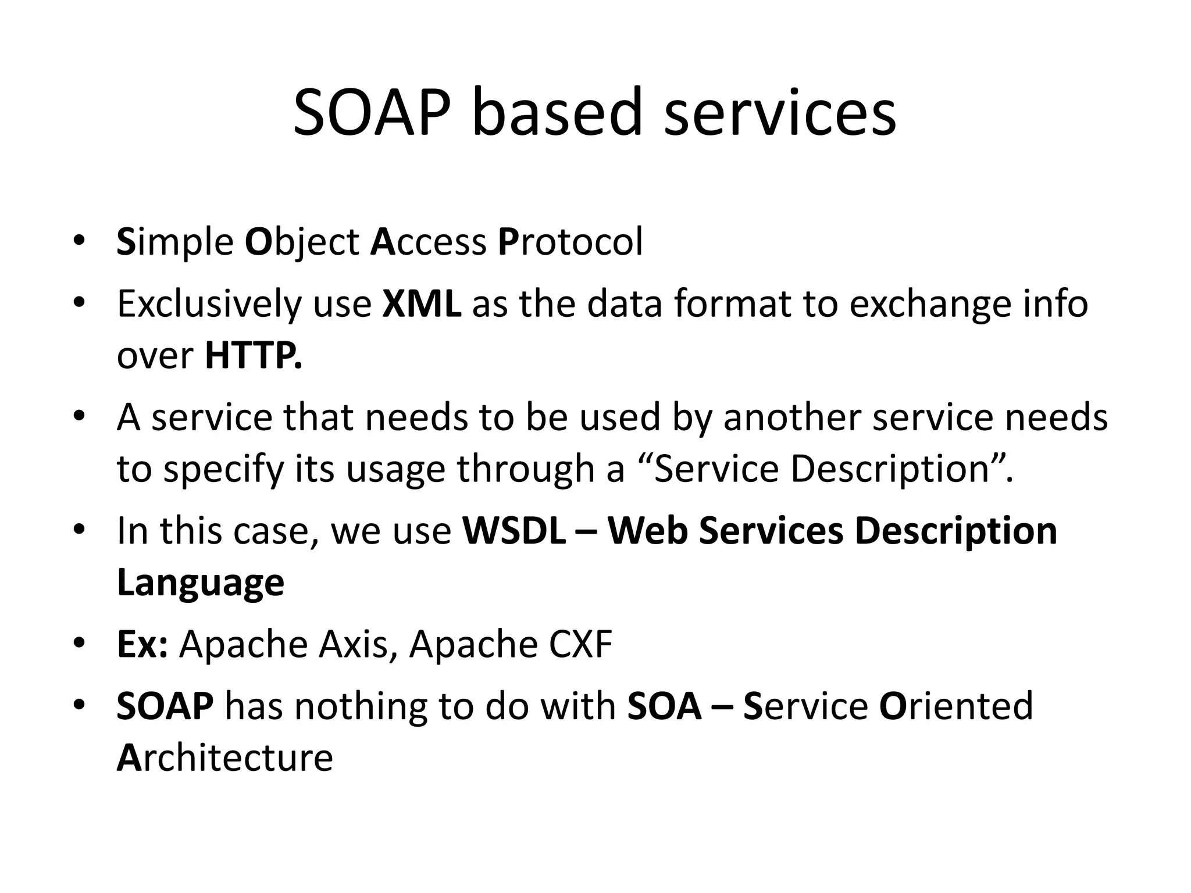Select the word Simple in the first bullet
click(x=175, y=242)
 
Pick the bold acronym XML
click(x=422, y=303)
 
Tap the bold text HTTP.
click(x=254, y=356)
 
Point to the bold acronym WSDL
click(x=514, y=531)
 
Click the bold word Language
click(x=201, y=583)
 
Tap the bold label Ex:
click(x=142, y=644)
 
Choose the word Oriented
click(x=956, y=706)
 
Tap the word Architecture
click(x=225, y=758)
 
